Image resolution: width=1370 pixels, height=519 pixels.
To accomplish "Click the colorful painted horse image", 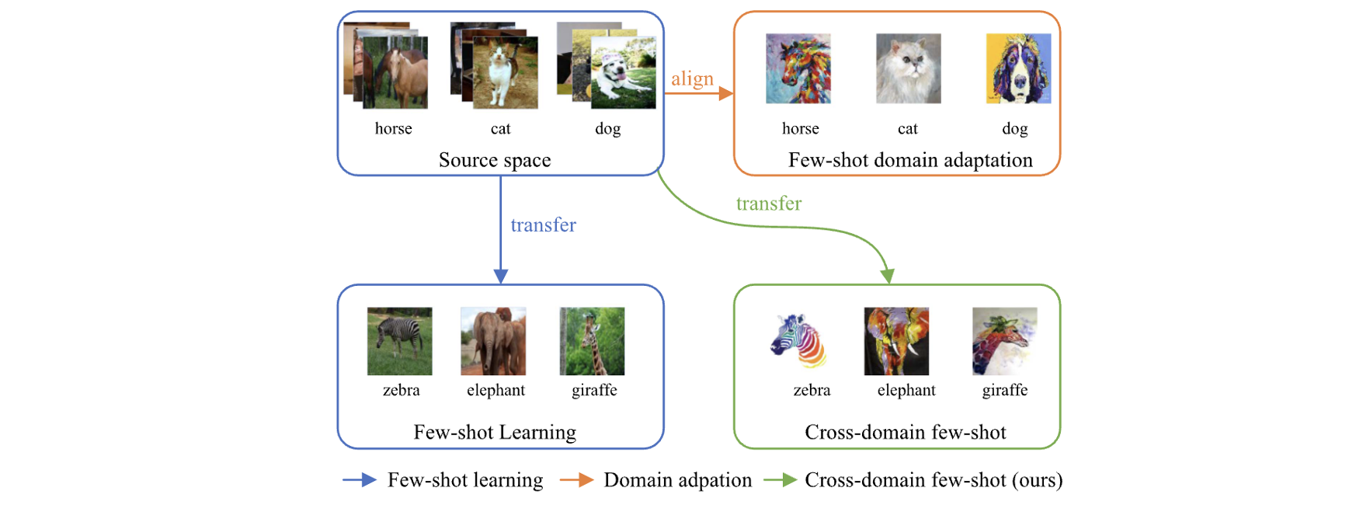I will (x=798, y=68).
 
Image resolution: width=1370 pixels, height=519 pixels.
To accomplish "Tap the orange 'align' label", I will (x=692, y=78).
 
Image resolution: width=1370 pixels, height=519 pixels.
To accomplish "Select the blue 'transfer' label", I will (x=543, y=225).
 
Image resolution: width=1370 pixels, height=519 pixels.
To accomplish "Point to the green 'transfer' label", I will (x=768, y=204).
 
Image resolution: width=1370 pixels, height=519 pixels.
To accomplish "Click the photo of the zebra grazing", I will (x=399, y=341).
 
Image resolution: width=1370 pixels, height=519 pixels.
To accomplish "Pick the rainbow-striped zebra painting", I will (x=798, y=341).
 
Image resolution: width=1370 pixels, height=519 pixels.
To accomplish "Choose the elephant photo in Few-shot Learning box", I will (x=493, y=341).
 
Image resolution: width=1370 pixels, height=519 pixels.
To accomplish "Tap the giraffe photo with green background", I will (x=592, y=341).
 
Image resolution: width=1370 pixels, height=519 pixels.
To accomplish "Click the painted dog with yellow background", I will (x=1018, y=68).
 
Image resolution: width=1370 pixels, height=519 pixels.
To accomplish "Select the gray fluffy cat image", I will (x=908, y=68).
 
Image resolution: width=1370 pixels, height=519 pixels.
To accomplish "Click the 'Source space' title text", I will (x=495, y=160).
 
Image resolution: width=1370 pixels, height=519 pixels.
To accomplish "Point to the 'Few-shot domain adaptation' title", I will (x=910, y=160).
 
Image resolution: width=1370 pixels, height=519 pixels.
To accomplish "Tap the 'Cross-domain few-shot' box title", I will (x=905, y=432).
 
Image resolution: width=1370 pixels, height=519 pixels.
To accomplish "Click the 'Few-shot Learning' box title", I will (x=495, y=432).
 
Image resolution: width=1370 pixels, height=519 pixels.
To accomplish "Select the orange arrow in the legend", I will (x=576, y=480).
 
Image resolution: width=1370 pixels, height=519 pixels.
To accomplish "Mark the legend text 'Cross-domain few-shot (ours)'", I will (x=934, y=480).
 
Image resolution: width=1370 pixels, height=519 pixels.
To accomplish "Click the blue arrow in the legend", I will (x=360, y=480).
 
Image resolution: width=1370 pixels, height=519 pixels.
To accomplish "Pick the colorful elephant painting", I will (x=896, y=341).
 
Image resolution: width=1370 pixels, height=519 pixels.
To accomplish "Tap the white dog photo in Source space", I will (x=624, y=73).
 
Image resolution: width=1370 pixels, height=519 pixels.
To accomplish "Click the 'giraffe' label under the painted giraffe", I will (x=1004, y=390).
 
